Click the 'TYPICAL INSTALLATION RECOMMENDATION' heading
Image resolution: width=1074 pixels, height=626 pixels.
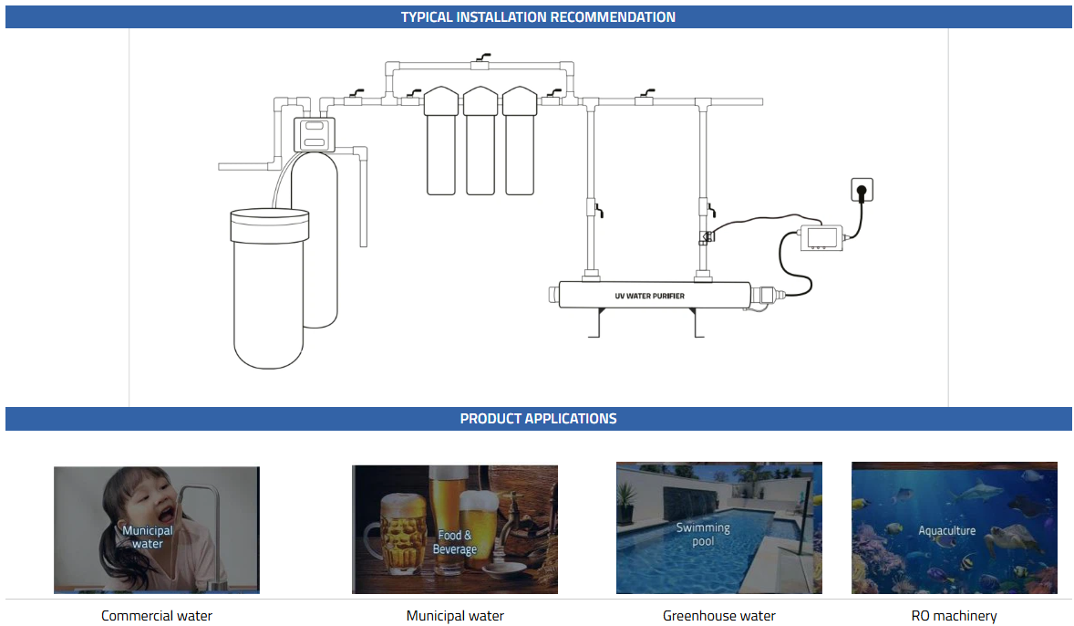[538, 16]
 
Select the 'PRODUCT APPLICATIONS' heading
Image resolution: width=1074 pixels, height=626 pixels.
[538, 419]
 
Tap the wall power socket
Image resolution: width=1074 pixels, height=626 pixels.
[861, 190]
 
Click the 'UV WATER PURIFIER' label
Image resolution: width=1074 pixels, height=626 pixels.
[649, 296]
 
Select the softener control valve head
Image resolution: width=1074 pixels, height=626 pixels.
[314, 134]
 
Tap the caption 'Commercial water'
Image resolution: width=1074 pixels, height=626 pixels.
[157, 616]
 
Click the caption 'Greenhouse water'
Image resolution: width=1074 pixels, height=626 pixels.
[718, 616]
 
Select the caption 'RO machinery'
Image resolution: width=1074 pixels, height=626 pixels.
[954, 616]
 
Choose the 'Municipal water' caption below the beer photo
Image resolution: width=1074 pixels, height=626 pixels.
[455, 616]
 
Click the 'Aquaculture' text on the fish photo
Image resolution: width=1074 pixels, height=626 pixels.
[946, 530]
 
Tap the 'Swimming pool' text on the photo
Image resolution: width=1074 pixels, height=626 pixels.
[702, 534]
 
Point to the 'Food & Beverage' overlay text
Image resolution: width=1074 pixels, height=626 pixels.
[455, 542]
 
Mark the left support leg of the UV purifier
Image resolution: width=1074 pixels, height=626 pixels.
[598, 324]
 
